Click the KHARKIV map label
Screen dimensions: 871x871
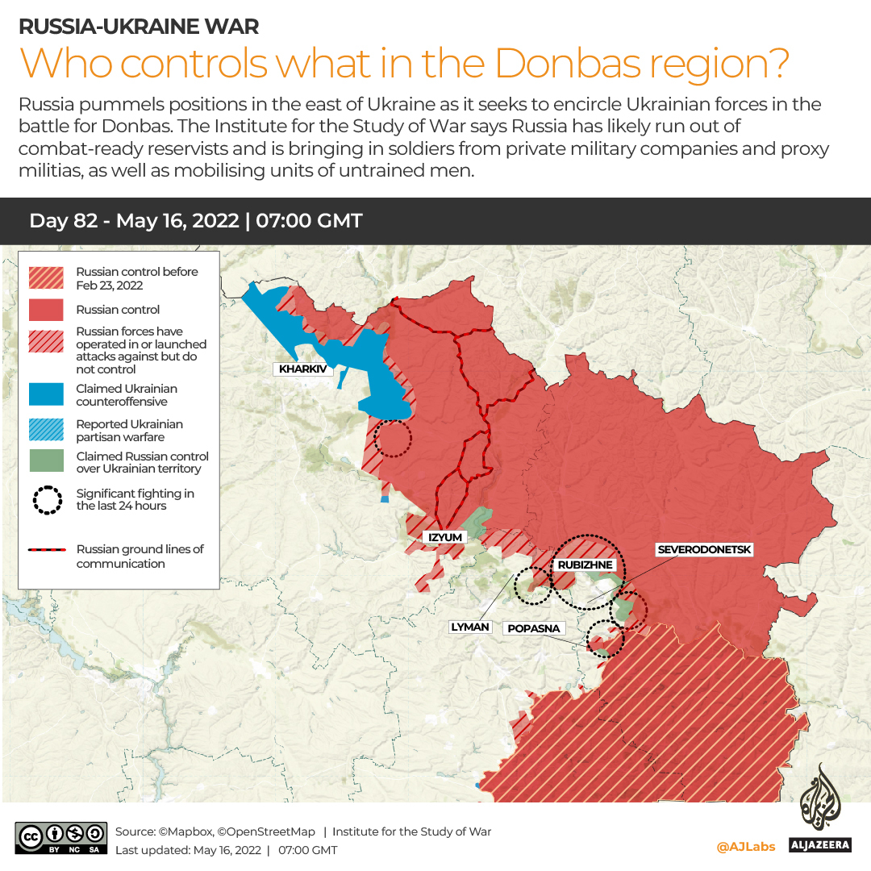point(302,369)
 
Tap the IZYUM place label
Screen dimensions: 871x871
point(444,537)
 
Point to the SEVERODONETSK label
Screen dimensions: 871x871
point(705,550)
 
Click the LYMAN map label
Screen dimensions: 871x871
point(470,627)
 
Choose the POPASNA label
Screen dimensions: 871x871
point(533,628)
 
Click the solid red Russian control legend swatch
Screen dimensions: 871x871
point(47,310)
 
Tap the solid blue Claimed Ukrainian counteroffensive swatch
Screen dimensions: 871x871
point(47,394)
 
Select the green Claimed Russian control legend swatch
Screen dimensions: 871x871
point(47,461)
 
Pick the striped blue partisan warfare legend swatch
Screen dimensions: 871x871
point(47,430)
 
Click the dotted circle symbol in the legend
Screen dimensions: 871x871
point(47,500)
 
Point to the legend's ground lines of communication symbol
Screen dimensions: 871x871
point(47,550)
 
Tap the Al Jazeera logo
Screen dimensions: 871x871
point(825,807)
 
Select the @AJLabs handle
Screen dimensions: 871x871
point(745,846)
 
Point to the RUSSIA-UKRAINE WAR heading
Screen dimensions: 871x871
point(139,26)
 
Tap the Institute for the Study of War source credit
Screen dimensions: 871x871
point(411,831)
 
